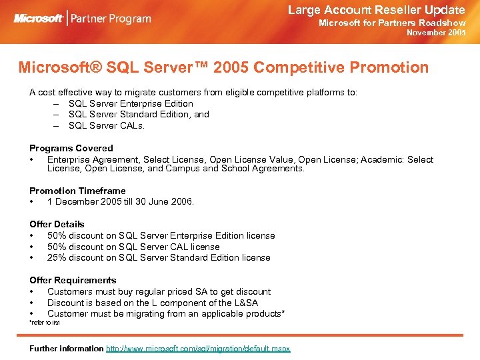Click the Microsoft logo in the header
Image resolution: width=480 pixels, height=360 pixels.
tap(39, 17)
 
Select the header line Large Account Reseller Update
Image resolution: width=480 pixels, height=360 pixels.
tap(376, 9)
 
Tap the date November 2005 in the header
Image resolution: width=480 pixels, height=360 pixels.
tap(436, 32)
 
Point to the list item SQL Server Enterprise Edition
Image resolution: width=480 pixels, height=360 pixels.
tap(131, 103)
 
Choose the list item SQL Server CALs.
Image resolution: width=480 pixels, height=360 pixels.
tap(107, 125)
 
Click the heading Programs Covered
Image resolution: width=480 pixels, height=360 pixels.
tap(71, 148)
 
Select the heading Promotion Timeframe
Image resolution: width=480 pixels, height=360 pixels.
tap(77, 191)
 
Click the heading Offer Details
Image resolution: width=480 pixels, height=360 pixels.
tap(57, 224)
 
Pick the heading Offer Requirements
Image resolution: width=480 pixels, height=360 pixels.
tap(73, 280)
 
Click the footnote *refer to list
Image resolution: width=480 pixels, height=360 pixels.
tap(45, 323)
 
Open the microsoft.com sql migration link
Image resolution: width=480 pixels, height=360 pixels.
tap(198, 349)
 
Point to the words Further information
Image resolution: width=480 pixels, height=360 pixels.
tap(67, 349)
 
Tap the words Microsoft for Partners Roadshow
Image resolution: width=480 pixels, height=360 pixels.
tap(392, 22)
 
